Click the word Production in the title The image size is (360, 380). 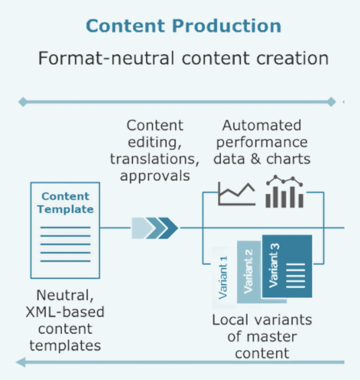[x=227, y=26]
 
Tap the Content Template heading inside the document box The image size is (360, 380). [x=65, y=203]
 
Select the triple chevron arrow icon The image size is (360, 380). [x=155, y=228]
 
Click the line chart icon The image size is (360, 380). [x=237, y=194]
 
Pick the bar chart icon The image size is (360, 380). [x=284, y=191]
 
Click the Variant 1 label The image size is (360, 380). [x=223, y=277]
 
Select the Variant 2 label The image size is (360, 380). [x=249, y=271]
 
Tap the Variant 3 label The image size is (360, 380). [x=274, y=266]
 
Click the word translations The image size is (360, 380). [x=155, y=159]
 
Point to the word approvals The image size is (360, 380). [x=155, y=176]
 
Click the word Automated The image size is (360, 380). [x=262, y=125]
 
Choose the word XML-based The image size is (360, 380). [x=65, y=312]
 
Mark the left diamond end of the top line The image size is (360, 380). [x=23, y=102]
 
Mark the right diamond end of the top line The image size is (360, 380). [x=331, y=102]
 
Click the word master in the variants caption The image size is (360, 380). [x=273, y=337]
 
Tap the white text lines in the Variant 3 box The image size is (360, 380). [x=295, y=276]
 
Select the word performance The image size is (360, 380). [x=262, y=143]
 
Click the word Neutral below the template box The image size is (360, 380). [x=65, y=296]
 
